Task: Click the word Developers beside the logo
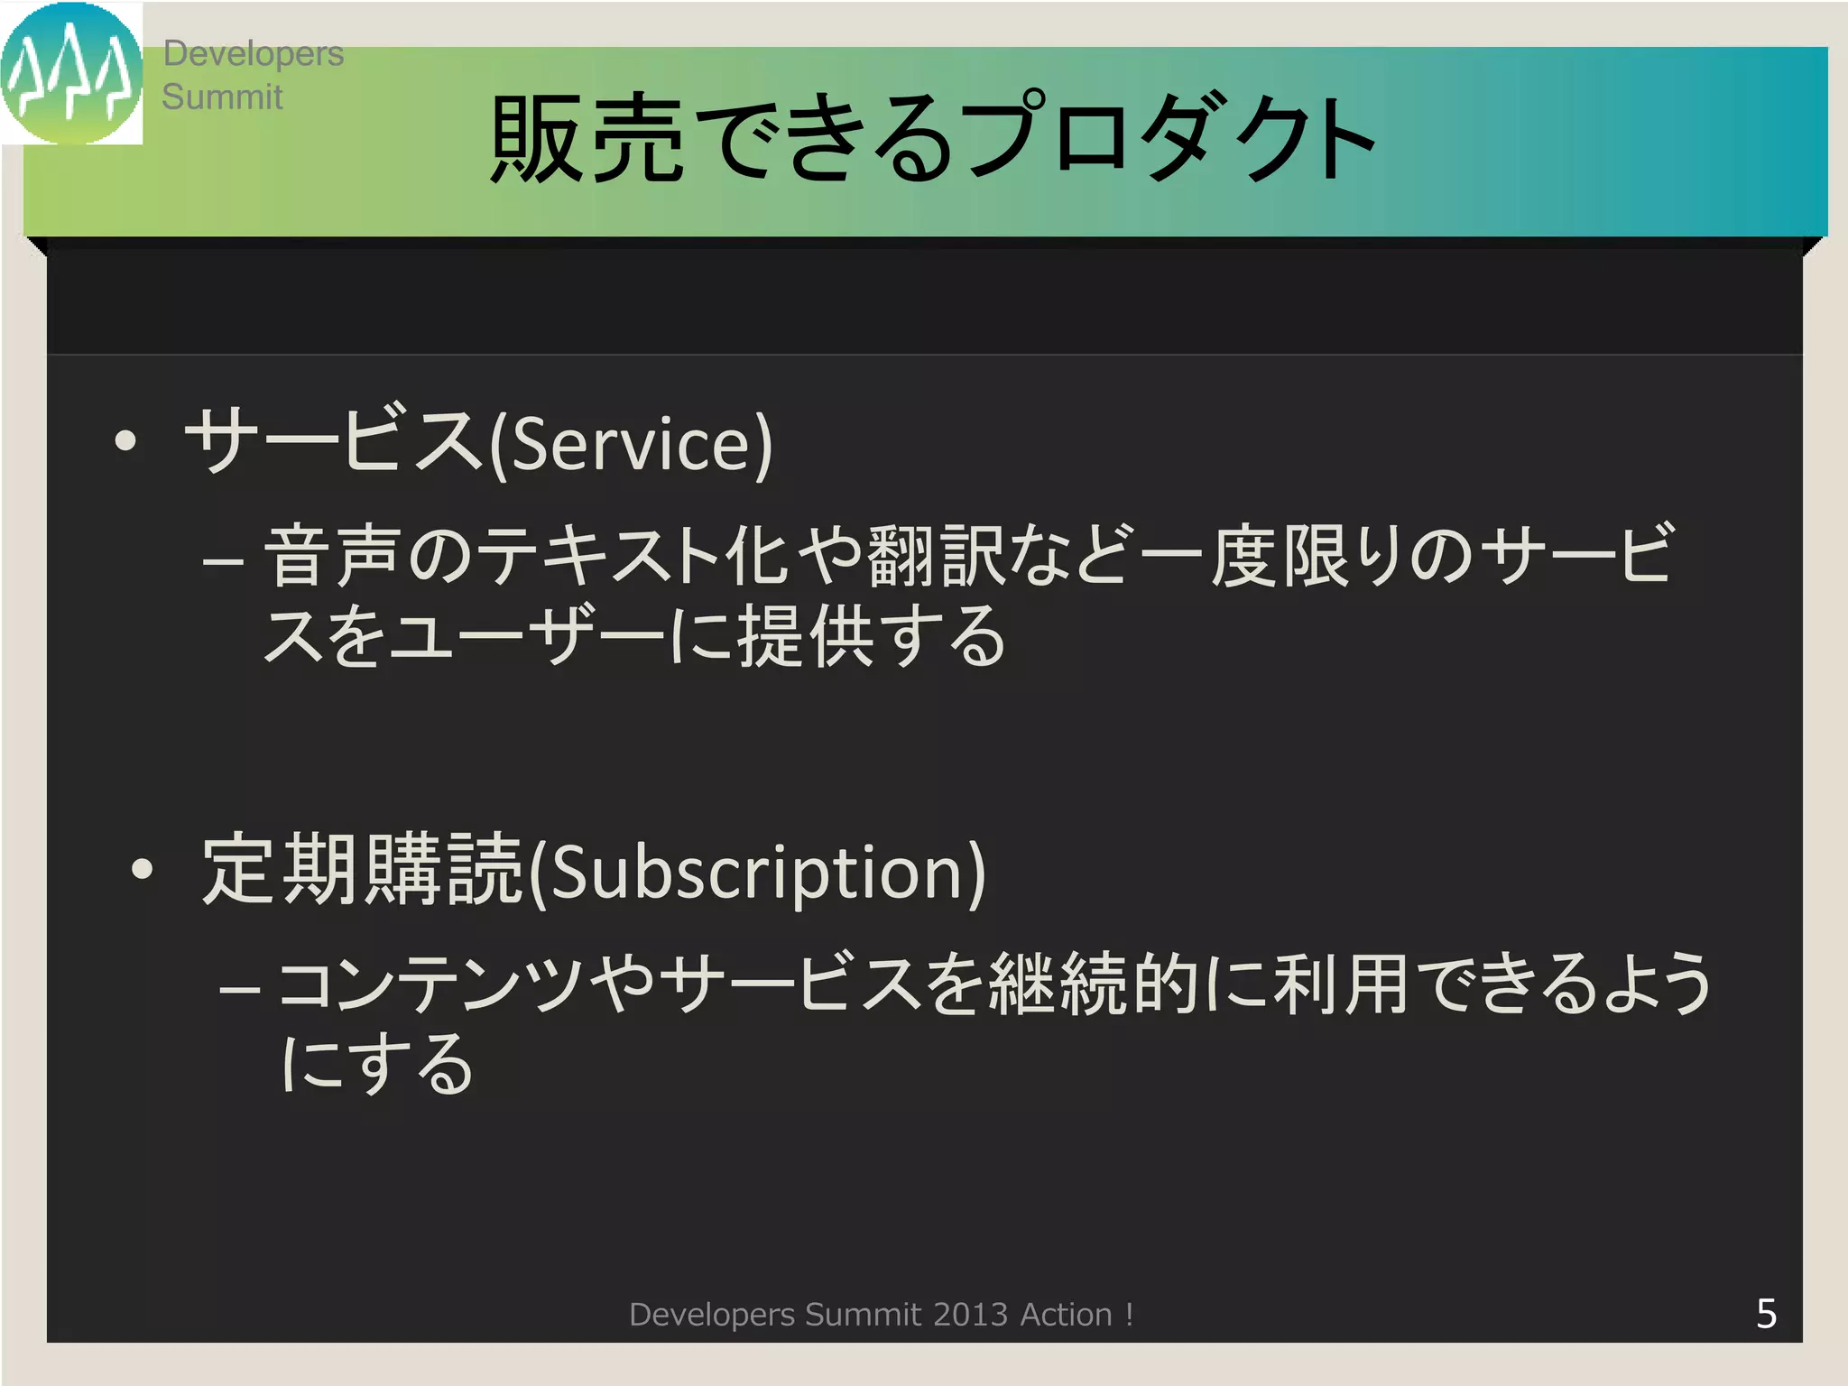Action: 253,54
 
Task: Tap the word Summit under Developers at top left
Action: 222,97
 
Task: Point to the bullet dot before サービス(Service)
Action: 126,441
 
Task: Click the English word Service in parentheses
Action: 631,444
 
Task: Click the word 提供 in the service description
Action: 806,636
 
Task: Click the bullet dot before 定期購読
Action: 143,869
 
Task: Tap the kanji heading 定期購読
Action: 362,870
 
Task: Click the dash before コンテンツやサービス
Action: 240,989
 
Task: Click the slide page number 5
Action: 1766,1314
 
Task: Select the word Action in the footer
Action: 1066,1315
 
